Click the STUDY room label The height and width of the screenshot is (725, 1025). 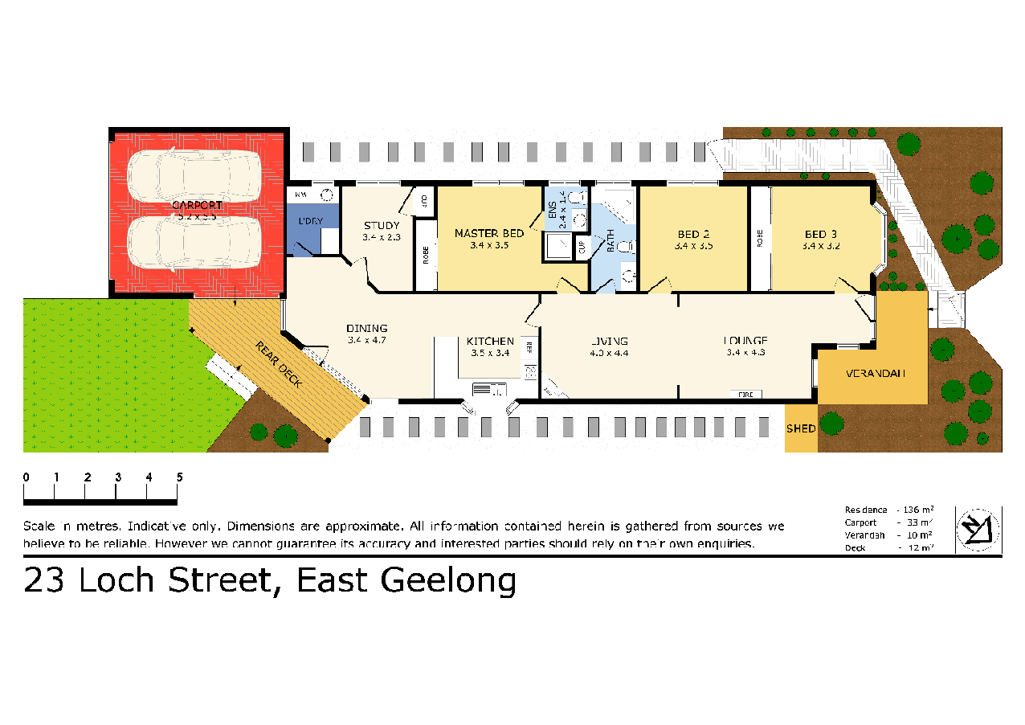coord(381,225)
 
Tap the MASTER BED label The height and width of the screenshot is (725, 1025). coord(489,233)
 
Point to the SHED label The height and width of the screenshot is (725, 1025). coord(800,428)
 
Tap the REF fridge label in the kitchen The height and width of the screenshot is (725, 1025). coord(529,347)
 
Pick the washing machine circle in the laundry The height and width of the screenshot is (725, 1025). coord(327,195)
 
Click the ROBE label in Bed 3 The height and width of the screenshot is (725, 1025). coord(759,238)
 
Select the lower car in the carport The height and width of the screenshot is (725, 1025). coord(194,243)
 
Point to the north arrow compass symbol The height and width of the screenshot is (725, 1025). coord(978,529)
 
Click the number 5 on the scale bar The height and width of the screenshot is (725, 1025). coord(179,477)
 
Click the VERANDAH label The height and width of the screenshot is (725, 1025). coord(876,374)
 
